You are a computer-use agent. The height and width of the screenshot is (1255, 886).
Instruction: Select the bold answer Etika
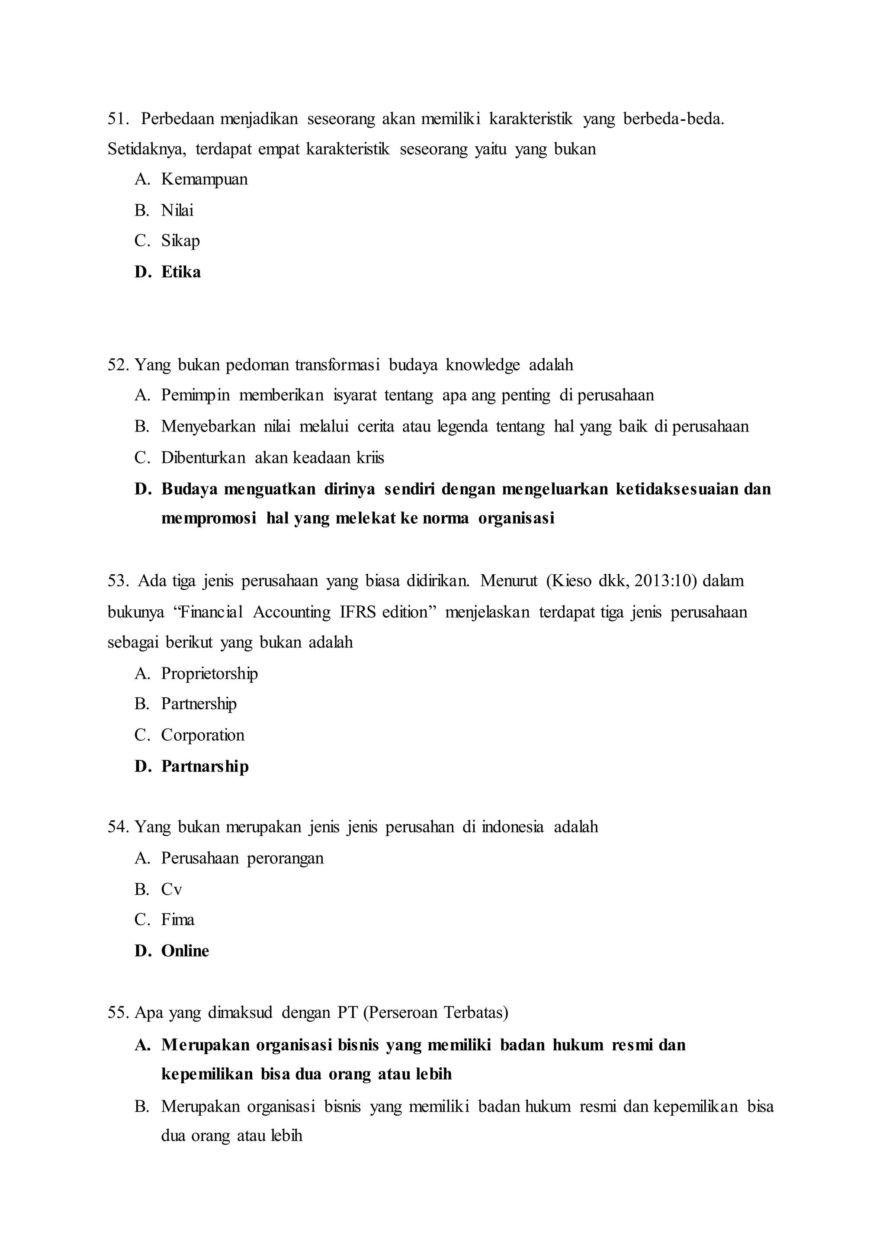pos(181,272)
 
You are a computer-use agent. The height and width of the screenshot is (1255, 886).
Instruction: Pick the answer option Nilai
pos(177,210)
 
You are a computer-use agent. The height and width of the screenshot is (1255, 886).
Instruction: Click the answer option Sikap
pos(180,241)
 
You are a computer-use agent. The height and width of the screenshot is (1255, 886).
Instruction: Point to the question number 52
pos(118,364)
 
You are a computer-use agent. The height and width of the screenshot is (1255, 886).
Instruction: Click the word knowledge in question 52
pos(483,364)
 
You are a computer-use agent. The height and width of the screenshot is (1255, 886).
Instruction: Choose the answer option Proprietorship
pos(209,673)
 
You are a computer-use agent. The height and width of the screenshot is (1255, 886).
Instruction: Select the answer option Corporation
pos(203,735)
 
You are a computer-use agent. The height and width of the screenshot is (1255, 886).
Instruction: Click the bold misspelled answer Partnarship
pos(205,766)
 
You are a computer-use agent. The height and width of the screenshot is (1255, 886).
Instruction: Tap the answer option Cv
pos(171,890)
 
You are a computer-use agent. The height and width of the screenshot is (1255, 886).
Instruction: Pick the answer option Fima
pos(178,920)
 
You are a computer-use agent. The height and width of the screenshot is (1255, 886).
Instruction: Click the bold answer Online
pos(185,951)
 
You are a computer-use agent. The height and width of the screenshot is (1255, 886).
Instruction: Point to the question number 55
pos(118,1013)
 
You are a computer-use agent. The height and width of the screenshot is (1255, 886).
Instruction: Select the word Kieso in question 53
pos(572,580)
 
